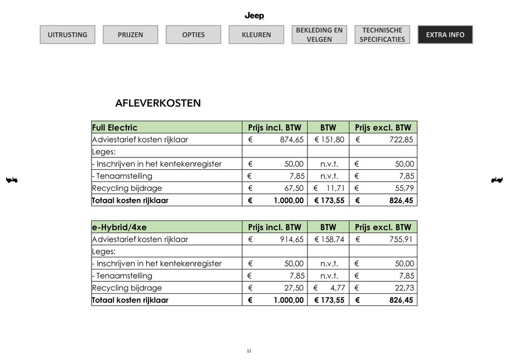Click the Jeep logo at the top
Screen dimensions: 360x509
[x=254, y=16]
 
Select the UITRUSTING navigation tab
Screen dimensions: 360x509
[x=67, y=35]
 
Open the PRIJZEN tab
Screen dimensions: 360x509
[x=130, y=35]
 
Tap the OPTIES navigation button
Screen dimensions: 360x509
[x=193, y=35]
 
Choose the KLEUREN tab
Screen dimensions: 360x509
[x=256, y=35]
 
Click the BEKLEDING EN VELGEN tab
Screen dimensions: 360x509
[x=319, y=34]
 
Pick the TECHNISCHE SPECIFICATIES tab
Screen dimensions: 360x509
[x=382, y=34]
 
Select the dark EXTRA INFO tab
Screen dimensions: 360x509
[x=445, y=34]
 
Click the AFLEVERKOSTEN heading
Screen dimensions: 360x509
[x=158, y=103]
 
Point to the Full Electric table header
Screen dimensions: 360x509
[x=115, y=128]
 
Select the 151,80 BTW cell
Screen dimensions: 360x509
[x=329, y=140]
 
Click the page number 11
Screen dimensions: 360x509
[x=249, y=351]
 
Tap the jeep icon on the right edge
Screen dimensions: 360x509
[x=497, y=180]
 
